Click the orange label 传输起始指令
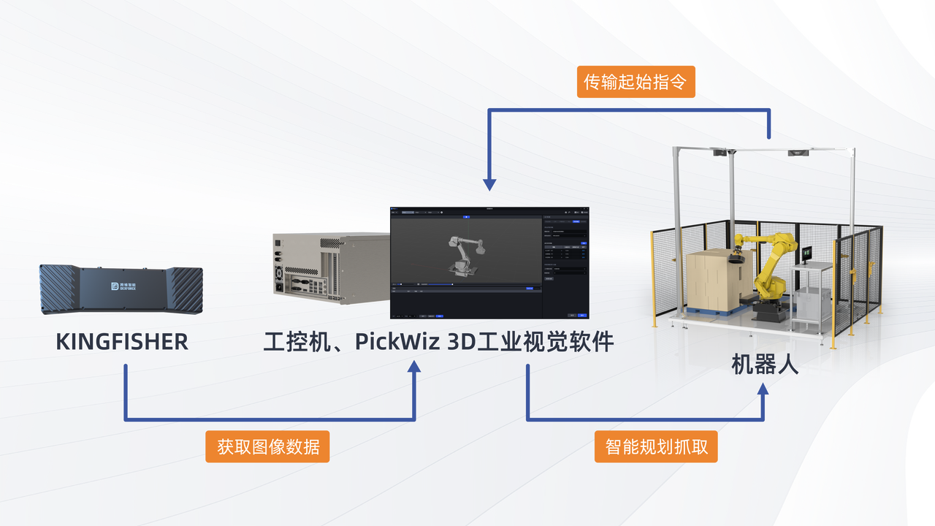point(636,82)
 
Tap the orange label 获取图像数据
point(267,446)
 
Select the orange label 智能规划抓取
point(656,446)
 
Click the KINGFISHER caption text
point(122,342)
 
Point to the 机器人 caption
point(765,365)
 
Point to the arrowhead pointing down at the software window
point(490,185)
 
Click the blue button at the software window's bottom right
point(582,315)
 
